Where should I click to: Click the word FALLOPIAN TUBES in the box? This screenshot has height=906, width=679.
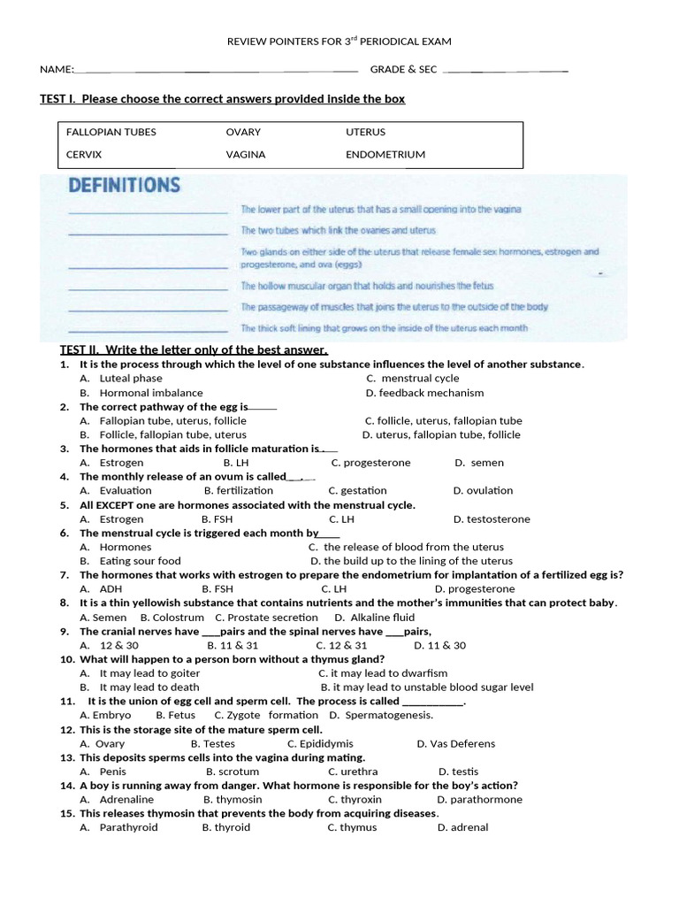[111, 132]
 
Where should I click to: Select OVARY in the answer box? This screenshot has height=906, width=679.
[243, 132]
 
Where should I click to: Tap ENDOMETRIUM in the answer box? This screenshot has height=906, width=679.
[385, 154]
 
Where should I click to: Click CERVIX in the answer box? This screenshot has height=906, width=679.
[84, 154]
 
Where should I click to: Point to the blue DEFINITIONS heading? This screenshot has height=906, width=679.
[124, 186]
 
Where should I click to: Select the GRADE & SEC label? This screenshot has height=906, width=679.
[403, 69]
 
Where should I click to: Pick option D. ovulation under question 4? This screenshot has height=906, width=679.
[483, 490]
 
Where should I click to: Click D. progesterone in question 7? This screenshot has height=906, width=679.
[474, 588]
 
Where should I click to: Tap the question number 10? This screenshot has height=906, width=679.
[67, 659]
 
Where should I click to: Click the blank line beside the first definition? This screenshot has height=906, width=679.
[148, 211]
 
